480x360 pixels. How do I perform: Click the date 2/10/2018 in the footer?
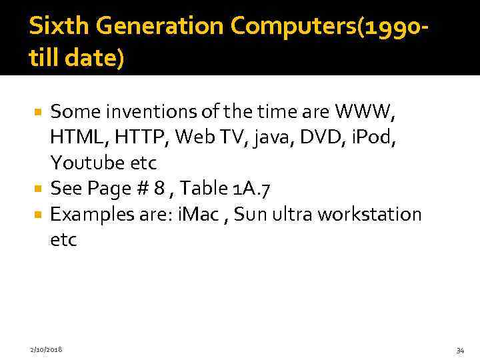click(46, 349)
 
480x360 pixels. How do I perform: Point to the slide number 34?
click(460, 349)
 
